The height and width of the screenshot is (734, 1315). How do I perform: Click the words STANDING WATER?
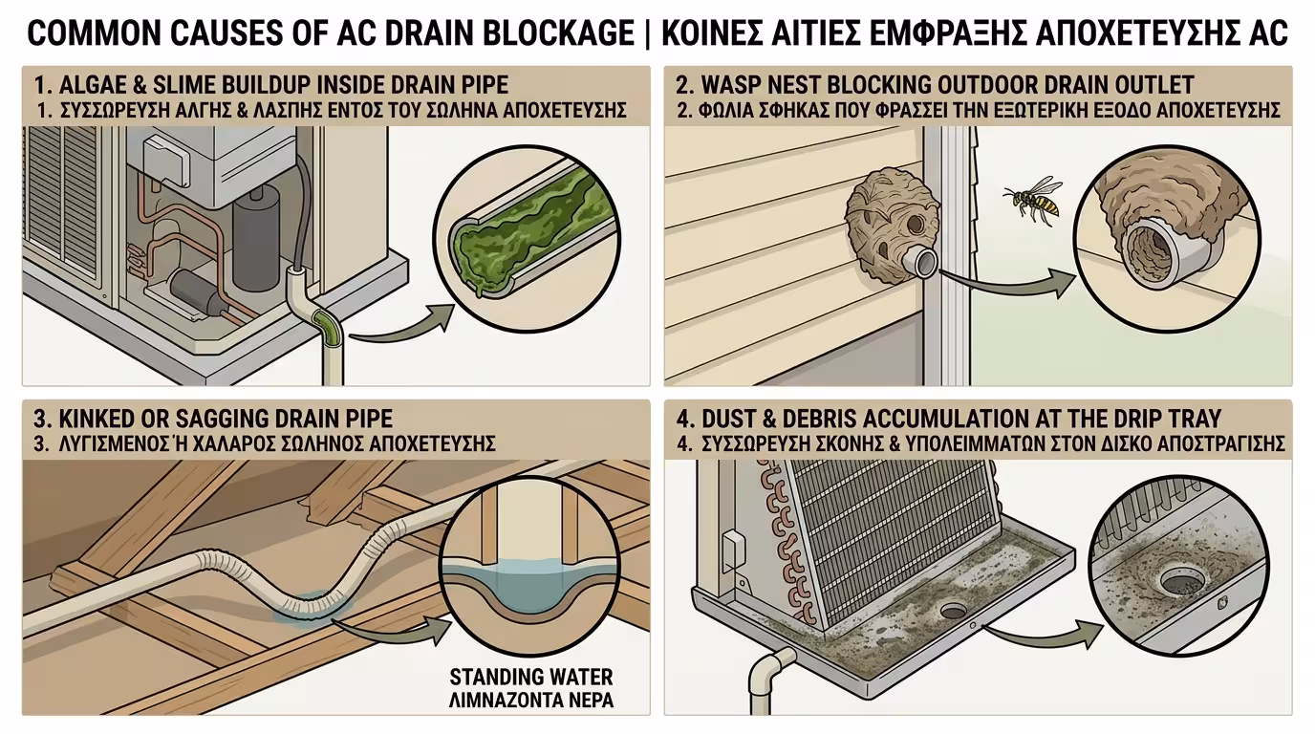(x=530, y=677)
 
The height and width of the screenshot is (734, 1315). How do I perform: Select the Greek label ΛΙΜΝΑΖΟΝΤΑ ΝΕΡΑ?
(x=530, y=700)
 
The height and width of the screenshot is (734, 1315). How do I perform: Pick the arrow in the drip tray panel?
(x=1045, y=636)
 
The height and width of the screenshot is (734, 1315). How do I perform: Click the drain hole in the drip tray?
(x=953, y=611)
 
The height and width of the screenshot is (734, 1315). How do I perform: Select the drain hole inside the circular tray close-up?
(x=1183, y=582)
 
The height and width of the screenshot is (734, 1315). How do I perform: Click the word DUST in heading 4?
(x=726, y=420)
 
